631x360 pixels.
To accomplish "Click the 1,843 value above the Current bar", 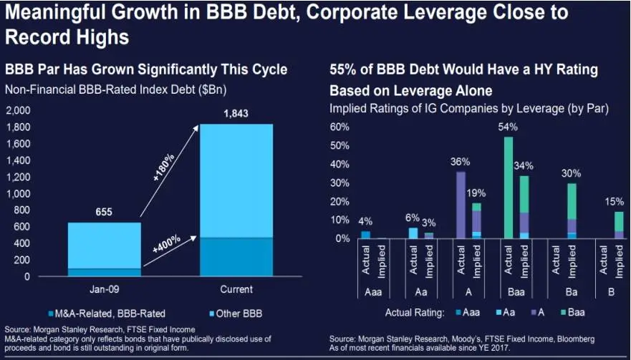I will point(236,114).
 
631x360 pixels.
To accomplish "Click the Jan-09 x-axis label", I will point(105,290).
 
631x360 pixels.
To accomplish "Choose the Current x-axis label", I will point(236,290).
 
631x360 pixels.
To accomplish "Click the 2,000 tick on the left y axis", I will point(18,111).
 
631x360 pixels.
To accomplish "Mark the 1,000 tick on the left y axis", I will point(18,194).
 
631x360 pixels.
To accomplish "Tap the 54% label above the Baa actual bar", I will point(508,127).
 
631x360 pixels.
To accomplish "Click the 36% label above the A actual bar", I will point(460,162).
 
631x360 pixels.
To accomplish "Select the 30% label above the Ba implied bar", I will point(572,172).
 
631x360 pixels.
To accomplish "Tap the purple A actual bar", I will point(461,205).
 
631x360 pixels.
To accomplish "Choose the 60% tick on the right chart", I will point(339,127).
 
